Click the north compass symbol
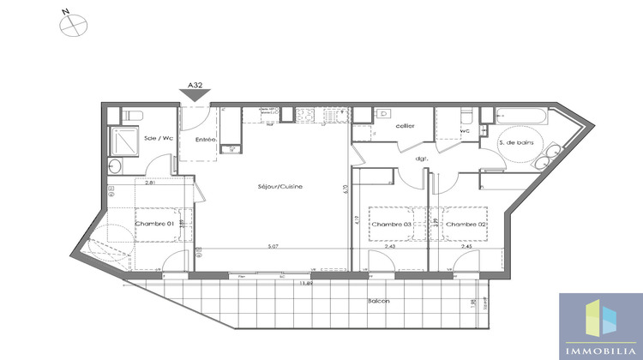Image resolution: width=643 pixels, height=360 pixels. pos(73,25)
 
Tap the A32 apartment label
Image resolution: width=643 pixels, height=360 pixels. pos(195,86)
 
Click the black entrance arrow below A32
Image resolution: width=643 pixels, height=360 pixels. pos(195,97)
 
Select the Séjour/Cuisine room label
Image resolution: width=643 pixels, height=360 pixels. pos(280,187)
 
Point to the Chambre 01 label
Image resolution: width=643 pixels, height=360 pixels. pos(153,224)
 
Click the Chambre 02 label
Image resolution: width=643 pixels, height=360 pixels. pos(466,225)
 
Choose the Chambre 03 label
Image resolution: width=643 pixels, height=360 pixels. pos(390,225)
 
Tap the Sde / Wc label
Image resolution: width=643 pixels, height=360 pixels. pos(158,138)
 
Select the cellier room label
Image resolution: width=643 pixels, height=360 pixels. pos(406,126)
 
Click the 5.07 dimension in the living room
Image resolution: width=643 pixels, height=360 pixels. pos(273,249)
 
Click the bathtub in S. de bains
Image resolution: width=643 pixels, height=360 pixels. pos(523,116)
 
